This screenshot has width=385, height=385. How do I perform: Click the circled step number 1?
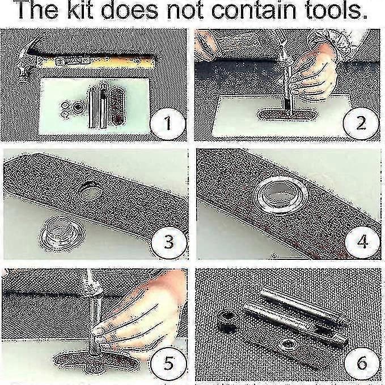(168, 123)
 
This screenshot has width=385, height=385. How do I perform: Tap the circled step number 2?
(361, 123)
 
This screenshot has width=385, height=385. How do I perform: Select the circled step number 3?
(169, 242)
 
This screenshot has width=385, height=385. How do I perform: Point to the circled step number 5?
(168, 363)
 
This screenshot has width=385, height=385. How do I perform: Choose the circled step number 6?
(362, 363)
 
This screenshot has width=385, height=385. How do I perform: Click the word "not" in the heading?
(185, 11)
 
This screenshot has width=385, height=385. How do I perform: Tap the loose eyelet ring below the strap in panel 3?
(62, 233)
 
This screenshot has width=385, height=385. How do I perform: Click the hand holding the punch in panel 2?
(315, 74)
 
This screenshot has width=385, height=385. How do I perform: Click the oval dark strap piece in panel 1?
(117, 105)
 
